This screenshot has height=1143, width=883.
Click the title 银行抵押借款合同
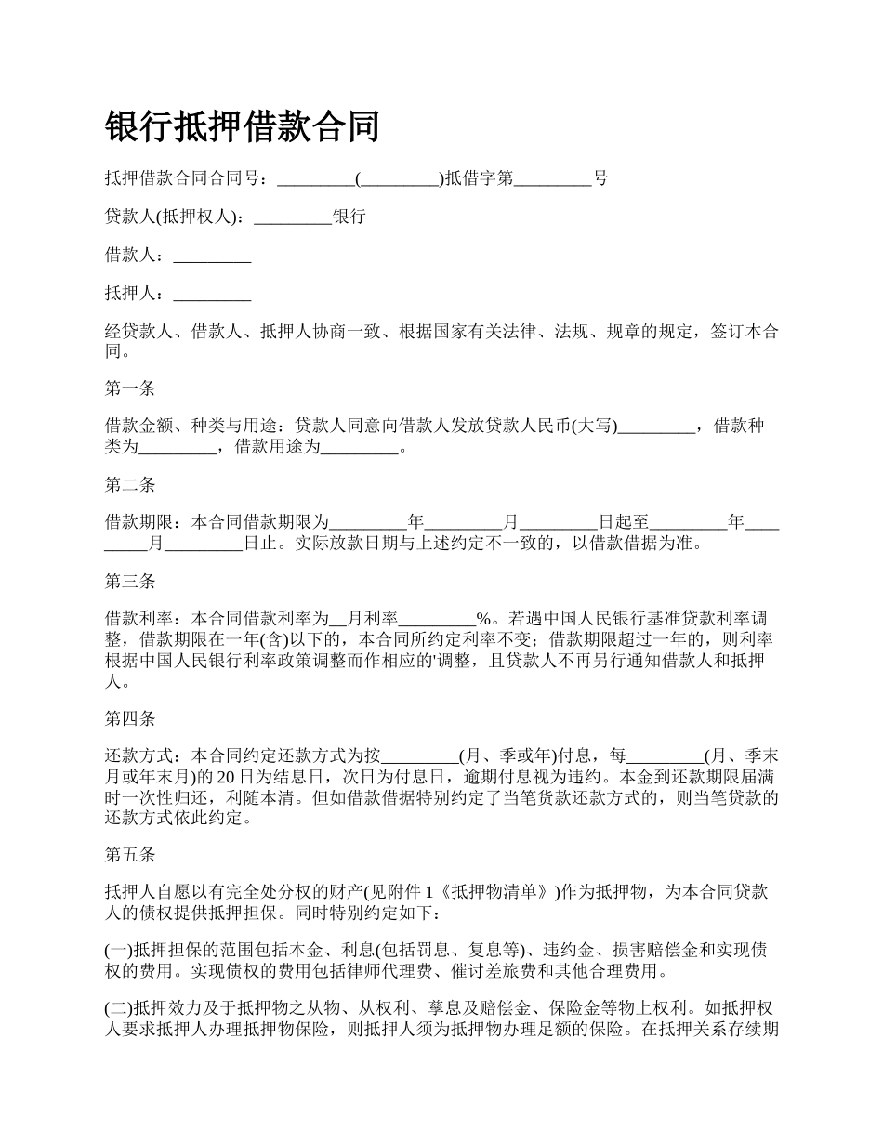pos(243,125)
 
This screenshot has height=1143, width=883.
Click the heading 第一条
pos(130,389)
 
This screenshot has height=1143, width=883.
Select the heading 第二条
pos(130,484)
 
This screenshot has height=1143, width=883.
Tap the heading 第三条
pos(130,582)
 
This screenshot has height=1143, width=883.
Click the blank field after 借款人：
pos(213,256)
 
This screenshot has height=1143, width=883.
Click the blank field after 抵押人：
pos(213,295)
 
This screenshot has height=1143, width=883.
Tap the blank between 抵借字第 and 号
pos(553,179)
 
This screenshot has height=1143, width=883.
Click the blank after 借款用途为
pos(359,448)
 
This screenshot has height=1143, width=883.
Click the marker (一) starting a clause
pos(119,950)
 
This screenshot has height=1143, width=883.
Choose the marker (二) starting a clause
pos(119,1007)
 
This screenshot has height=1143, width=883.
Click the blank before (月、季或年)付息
pos(420,755)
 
